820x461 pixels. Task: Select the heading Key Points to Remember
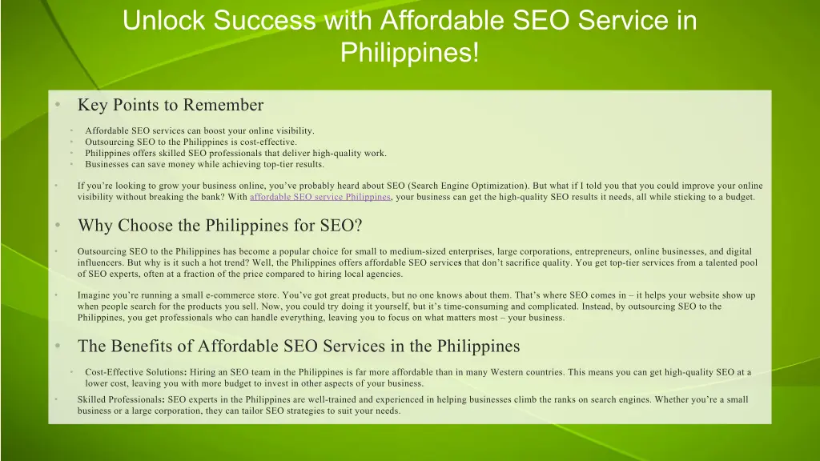170,105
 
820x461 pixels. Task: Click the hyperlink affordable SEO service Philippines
320,197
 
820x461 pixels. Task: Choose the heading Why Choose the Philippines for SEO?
219,226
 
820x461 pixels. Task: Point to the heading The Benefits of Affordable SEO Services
298,347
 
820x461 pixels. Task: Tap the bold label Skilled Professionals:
121,399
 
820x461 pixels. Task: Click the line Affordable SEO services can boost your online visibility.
199,131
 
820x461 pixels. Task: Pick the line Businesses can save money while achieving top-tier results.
204,165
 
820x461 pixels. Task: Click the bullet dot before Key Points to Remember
58,105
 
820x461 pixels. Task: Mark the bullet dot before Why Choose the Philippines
58,226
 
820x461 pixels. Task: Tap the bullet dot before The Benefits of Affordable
58,347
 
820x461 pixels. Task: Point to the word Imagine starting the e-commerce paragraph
94,295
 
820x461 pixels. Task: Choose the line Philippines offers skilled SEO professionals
235,154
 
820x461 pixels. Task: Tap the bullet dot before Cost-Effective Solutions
70,372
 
